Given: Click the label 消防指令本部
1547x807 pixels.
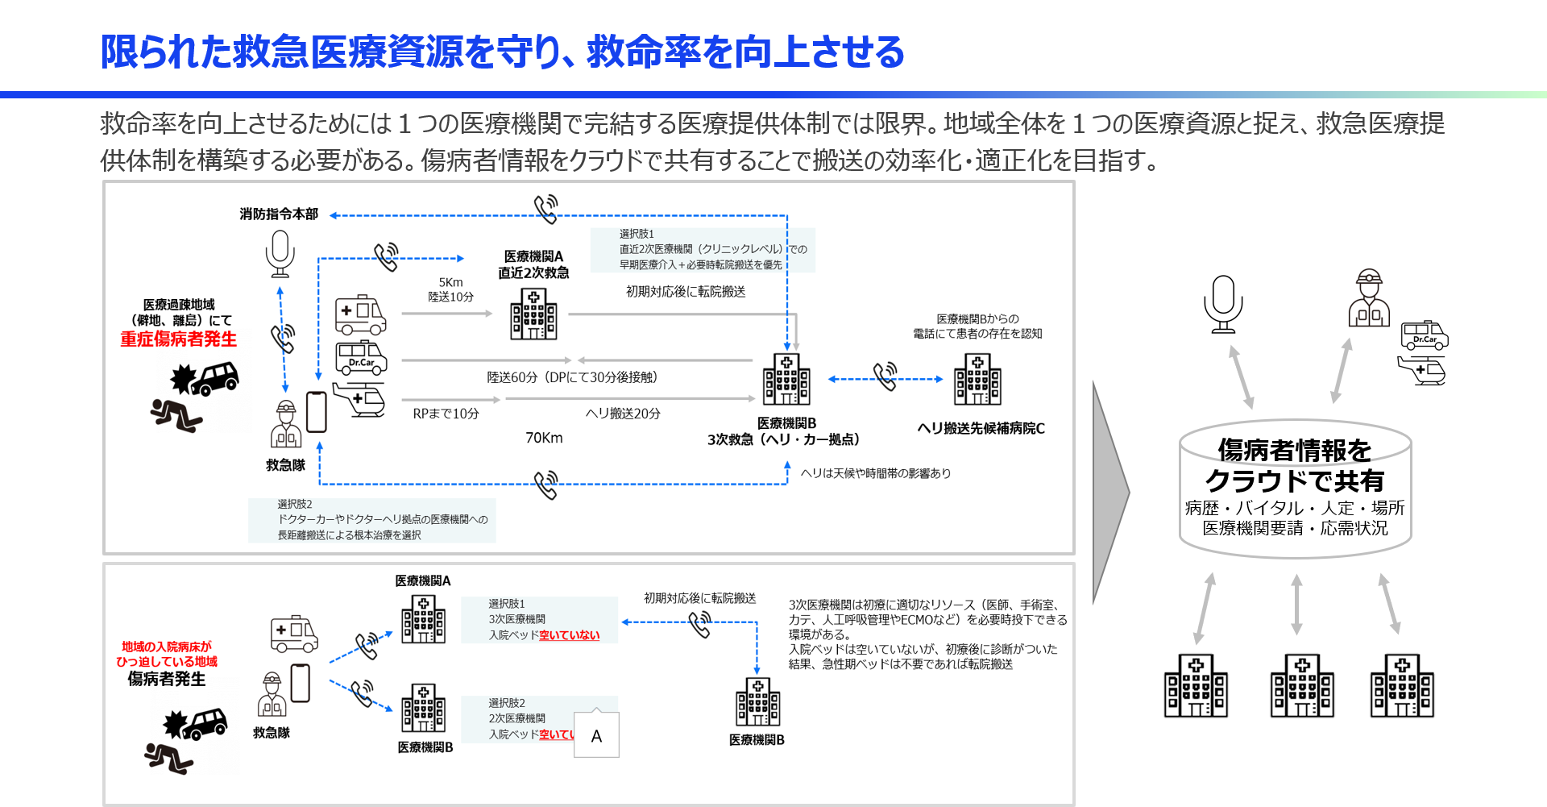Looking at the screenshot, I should [279, 214].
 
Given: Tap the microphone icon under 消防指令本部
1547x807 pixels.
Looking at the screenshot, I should [280, 253].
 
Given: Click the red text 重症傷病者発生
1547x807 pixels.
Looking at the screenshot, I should [179, 339].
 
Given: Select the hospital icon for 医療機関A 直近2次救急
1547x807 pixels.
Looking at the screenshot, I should [533, 314].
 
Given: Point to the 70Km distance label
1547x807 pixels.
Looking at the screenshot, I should [544, 438].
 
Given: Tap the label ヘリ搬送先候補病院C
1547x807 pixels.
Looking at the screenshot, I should [981, 428].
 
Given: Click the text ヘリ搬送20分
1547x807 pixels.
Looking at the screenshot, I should [623, 414].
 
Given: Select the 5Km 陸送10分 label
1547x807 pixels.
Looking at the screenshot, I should [450, 289].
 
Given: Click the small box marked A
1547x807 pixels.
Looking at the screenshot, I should [596, 735].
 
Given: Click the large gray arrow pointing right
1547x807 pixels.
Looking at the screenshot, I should [1110, 492].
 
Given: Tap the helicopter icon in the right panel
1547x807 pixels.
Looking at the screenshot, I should [1422, 371].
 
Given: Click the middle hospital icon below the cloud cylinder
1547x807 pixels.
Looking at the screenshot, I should [1301, 686].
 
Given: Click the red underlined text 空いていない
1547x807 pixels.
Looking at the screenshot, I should [569, 635].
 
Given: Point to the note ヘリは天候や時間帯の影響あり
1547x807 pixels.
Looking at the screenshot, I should [875, 473].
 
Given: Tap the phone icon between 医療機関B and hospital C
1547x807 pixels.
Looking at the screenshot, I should [885, 376].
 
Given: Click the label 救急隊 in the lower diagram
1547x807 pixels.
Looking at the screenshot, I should [272, 733].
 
